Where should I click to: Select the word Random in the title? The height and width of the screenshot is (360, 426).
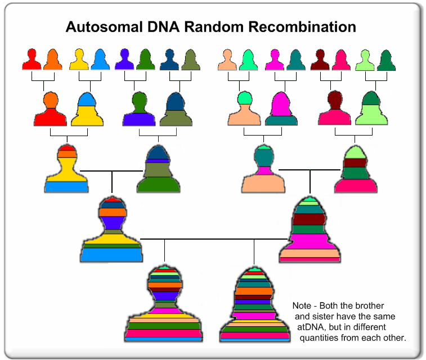click(x=218, y=26)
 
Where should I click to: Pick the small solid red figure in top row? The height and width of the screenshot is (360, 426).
click(x=32, y=59)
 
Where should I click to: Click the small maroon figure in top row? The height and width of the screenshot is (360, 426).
click(x=321, y=59)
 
